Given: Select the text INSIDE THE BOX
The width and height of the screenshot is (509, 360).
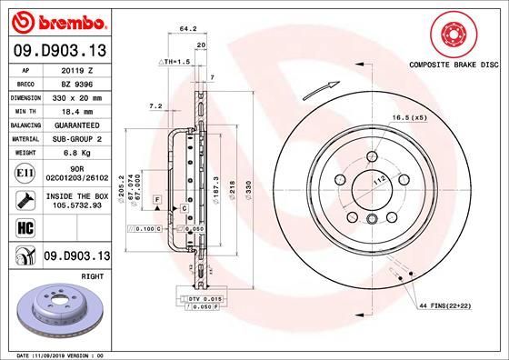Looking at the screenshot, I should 75,195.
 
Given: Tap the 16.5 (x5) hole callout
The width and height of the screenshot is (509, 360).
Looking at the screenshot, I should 409,118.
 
